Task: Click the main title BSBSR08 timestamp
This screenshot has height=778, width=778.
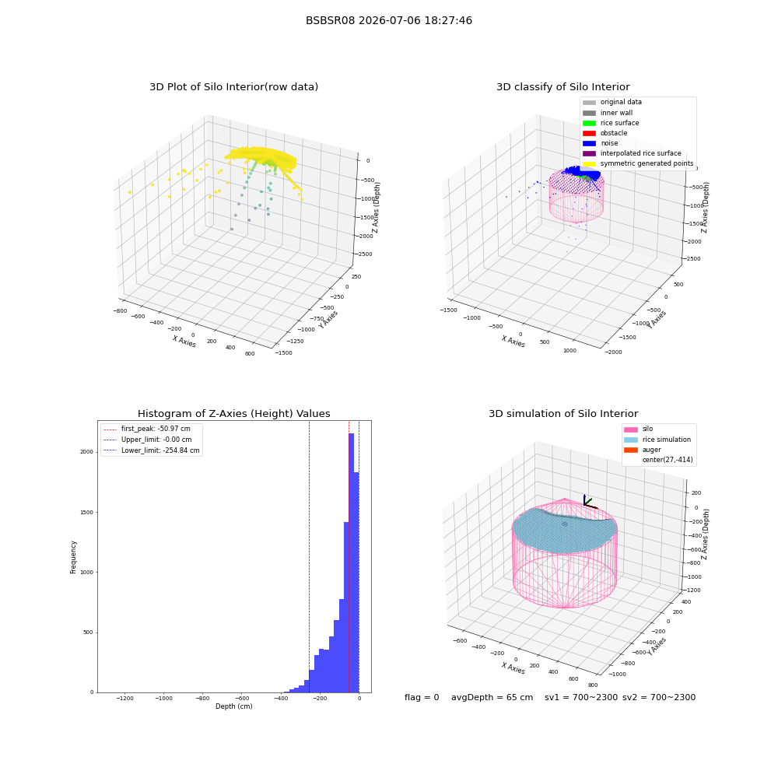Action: pos(388,20)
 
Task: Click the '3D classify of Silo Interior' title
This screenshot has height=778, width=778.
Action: pos(563,87)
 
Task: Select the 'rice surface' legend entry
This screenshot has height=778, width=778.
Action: pos(611,123)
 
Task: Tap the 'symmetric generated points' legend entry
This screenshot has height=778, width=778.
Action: pos(638,163)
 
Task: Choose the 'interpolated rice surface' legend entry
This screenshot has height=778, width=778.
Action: pos(632,153)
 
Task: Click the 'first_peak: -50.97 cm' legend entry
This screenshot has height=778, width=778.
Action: pos(147,429)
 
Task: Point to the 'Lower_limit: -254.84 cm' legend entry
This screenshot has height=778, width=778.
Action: pos(152,450)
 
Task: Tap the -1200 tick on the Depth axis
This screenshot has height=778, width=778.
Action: pos(124,698)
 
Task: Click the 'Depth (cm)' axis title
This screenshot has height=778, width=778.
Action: pos(234,706)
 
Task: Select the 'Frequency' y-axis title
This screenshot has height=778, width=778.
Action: pos(73,557)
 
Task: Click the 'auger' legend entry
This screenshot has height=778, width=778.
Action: pos(643,450)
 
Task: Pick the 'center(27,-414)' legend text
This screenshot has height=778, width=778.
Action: pos(668,460)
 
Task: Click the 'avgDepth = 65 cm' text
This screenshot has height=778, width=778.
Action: pos(492,697)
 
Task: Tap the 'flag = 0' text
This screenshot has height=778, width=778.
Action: pos(422,697)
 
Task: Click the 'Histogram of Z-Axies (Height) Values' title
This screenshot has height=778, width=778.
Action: pos(233,413)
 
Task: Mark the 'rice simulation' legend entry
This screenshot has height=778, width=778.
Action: pos(657,440)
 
